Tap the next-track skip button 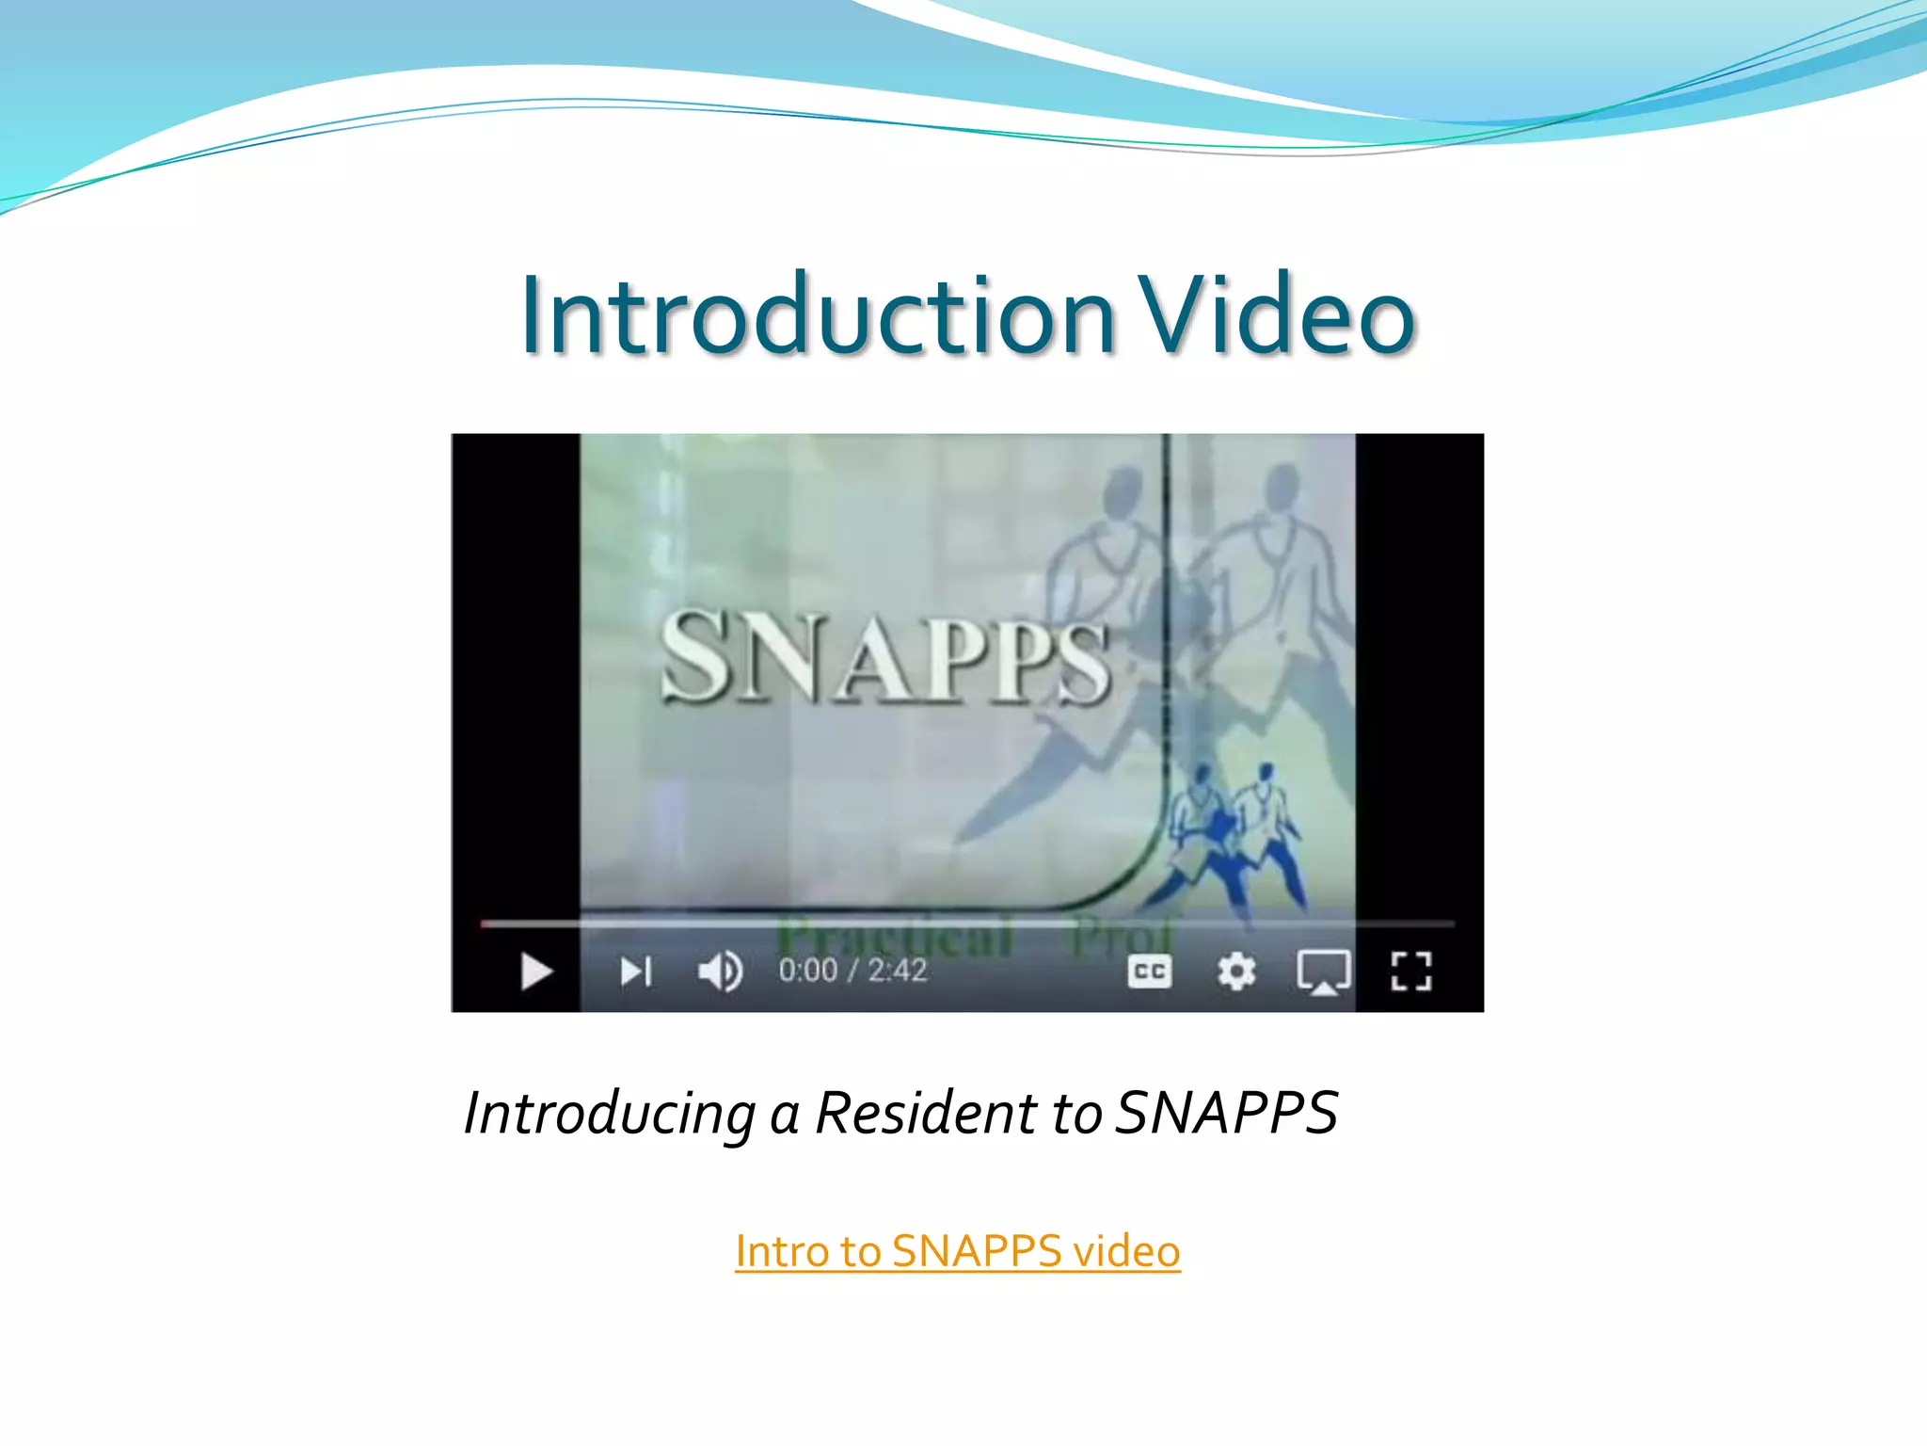click(636, 971)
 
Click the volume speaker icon click(720, 971)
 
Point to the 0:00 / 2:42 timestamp click(852, 970)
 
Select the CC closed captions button click(1149, 971)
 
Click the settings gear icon click(1235, 971)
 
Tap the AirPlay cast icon click(1323, 972)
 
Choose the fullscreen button click(1410, 971)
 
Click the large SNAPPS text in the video click(884, 657)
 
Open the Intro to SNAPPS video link click(957, 1251)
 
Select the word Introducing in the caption click(610, 1113)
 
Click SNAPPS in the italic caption click(1226, 1113)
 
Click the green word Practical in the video click(894, 938)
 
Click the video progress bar click(967, 924)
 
